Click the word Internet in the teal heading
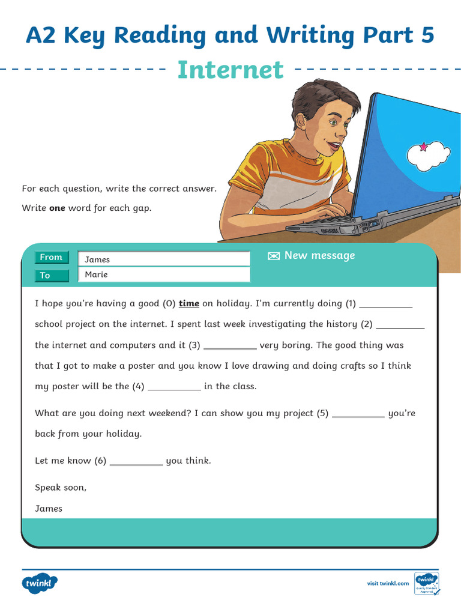click(x=230, y=70)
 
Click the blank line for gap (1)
click(x=385, y=304)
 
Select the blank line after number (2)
click(x=400, y=325)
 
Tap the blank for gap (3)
click(x=230, y=346)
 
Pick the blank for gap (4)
click(x=174, y=387)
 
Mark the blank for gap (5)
click(x=358, y=414)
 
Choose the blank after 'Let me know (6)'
click(x=136, y=462)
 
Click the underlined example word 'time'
click(x=189, y=304)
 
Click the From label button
click(x=52, y=258)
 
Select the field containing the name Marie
click(x=164, y=274)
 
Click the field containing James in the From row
click(x=164, y=259)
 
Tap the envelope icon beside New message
click(x=274, y=256)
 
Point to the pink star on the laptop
click(x=423, y=146)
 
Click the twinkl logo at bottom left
click(x=40, y=583)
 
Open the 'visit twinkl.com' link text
click(x=388, y=583)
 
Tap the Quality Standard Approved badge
click(x=427, y=583)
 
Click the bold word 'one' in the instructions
click(x=57, y=208)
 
